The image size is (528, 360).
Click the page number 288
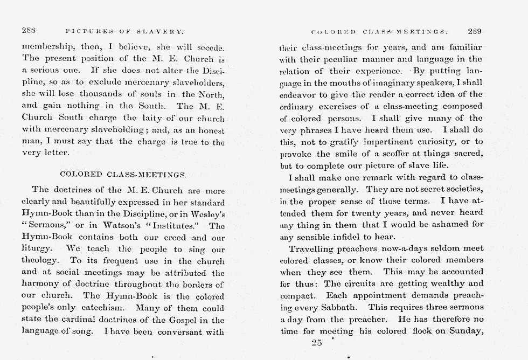click(x=29, y=31)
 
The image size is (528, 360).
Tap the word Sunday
click(x=464, y=331)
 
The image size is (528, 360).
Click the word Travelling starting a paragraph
click(x=312, y=248)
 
